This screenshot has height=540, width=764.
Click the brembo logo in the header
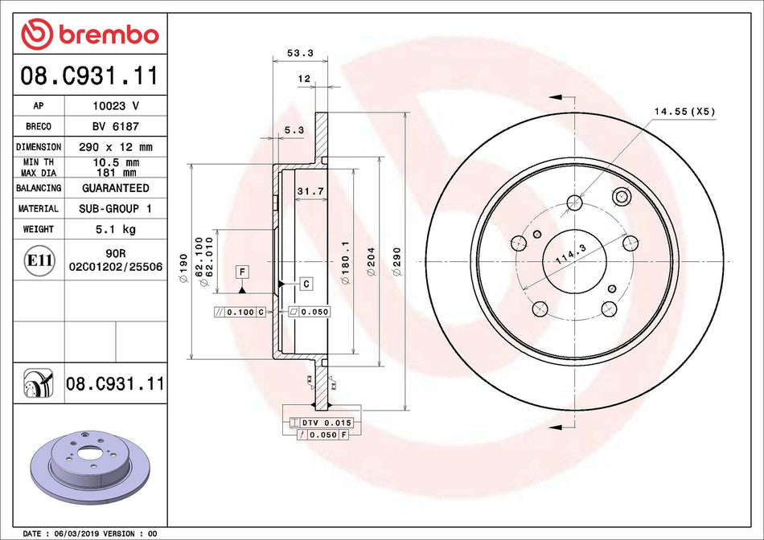click(90, 35)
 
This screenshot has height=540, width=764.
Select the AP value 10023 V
click(115, 105)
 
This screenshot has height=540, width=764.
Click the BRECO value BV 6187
click(115, 126)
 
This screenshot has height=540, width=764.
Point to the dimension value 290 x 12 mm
click(115, 147)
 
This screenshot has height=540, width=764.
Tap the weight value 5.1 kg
click(115, 229)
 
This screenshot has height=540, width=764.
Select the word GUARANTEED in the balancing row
click(115, 188)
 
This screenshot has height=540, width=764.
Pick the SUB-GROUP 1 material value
click(115, 208)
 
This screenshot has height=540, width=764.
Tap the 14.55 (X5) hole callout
click(684, 112)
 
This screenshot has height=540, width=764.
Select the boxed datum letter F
click(241, 272)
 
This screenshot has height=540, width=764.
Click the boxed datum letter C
click(306, 284)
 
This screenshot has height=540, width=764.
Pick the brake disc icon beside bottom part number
click(38, 385)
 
